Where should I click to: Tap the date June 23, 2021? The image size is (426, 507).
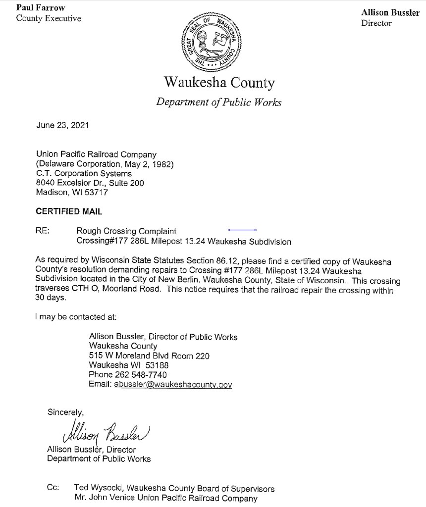click(63, 126)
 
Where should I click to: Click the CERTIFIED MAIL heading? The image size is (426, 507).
click(69, 211)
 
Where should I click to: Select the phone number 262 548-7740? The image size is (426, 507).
click(127, 375)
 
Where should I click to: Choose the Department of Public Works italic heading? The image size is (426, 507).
click(218, 102)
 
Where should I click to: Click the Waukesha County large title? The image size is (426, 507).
click(219, 82)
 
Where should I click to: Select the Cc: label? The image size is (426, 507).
click(53, 488)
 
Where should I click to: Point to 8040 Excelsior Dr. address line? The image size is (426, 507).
click(90, 183)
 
